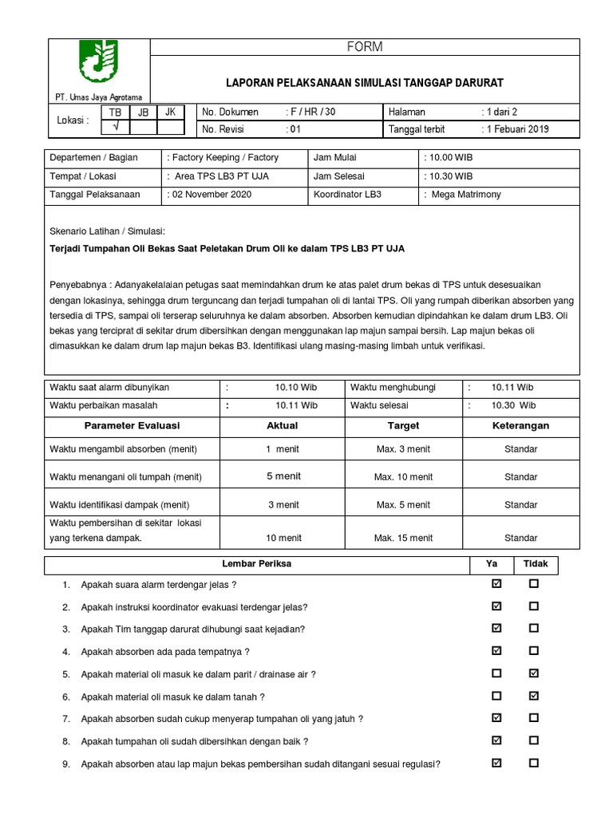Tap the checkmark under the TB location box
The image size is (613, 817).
[x=116, y=127]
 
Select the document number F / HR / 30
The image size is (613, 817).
[x=313, y=112]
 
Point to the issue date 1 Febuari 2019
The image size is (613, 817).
[x=519, y=129]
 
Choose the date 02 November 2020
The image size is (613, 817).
[x=209, y=194]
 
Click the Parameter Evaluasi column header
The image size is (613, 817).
[x=132, y=426]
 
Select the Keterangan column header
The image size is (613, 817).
[x=520, y=426]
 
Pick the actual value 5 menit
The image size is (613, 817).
[x=283, y=476]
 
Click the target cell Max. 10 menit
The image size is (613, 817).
[x=403, y=477]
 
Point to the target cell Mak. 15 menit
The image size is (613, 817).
[x=403, y=539]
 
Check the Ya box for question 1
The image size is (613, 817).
[x=497, y=584]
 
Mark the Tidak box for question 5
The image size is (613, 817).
[x=533, y=673]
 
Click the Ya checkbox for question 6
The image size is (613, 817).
[x=497, y=696]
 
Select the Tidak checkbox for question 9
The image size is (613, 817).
[x=533, y=763]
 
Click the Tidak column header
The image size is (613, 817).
[x=536, y=564]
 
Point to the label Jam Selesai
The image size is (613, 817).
[x=339, y=176]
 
